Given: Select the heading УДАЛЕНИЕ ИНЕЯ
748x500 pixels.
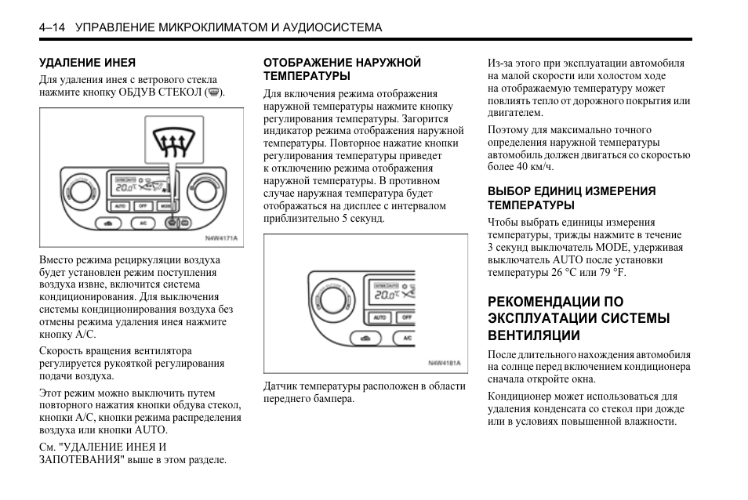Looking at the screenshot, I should (87, 62).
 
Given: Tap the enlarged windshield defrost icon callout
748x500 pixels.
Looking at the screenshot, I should (169, 143).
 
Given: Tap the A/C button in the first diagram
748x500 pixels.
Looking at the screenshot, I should (143, 224).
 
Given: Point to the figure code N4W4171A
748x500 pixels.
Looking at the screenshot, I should (221, 237).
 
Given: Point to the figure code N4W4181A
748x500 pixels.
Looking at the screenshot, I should (445, 363).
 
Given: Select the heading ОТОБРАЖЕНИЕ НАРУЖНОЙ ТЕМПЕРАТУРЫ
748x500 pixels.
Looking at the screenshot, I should (342, 69).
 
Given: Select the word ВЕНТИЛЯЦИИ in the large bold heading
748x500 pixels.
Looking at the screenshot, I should (534, 335).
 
